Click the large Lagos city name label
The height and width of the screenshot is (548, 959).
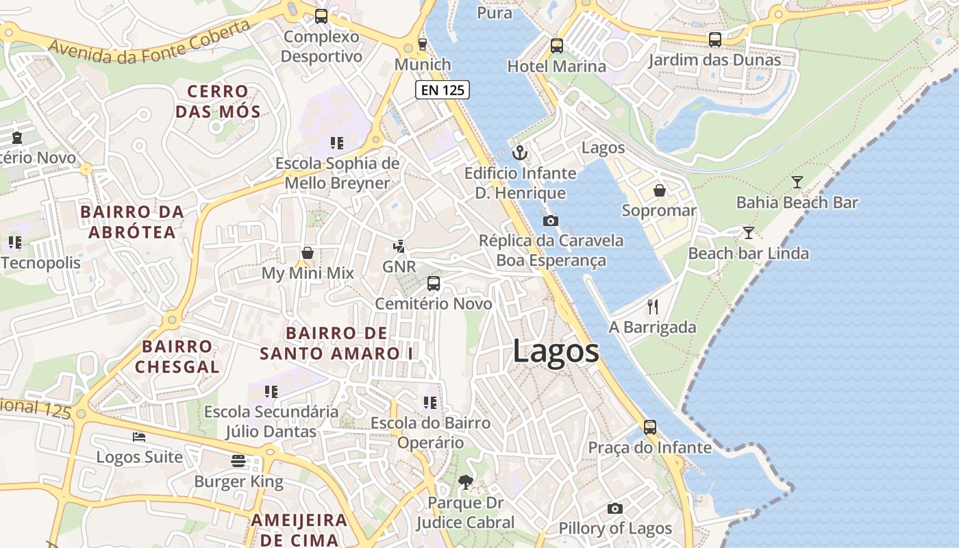[556, 352]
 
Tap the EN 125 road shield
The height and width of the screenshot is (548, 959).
[443, 89]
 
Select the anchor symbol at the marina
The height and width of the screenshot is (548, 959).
[520, 153]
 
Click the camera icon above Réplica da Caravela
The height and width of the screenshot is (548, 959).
[550, 221]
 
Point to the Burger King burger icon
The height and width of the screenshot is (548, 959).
[238, 461]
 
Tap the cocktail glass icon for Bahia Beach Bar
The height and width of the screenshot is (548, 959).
[797, 182]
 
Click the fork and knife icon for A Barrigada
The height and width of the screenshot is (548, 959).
[653, 307]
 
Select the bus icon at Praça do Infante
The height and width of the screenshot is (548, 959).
[650, 427]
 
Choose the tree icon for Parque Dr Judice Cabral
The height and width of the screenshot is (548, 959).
[466, 482]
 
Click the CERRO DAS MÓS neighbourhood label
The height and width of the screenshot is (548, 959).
[218, 101]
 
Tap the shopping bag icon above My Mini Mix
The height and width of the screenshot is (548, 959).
[308, 253]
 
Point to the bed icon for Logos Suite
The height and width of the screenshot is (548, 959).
[139, 437]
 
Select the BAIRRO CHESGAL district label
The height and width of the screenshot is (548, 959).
[177, 356]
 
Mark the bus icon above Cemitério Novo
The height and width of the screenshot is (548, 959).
[434, 283]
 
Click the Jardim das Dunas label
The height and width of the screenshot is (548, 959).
[714, 60]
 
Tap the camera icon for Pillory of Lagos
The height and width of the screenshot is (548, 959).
[615, 508]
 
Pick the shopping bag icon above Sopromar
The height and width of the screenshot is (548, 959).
[659, 190]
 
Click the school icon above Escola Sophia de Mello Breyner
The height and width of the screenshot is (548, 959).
[336, 142]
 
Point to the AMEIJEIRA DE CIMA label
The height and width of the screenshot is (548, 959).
[299, 529]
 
